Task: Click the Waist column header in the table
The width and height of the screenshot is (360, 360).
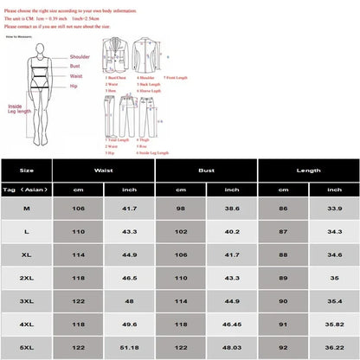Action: click(x=104, y=171)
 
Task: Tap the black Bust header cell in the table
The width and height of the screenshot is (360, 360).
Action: click(x=206, y=171)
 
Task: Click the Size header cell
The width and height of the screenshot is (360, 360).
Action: click(x=27, y=171)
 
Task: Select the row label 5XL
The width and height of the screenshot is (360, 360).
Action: click(x=27, y=346)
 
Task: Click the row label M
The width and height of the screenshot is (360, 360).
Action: click(x=27, y=209)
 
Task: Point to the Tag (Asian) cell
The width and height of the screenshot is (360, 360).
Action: click(x=27, y=190)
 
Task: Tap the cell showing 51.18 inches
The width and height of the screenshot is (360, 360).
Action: click(x=130, y=346)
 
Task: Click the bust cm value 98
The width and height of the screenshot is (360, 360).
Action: click(x=181, y=209)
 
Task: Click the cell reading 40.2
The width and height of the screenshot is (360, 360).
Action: click(x=232, y=233)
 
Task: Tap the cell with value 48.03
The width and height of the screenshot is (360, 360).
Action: click(x=232, y=346)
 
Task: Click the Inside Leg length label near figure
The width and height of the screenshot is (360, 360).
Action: click(x=18, y=108)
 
